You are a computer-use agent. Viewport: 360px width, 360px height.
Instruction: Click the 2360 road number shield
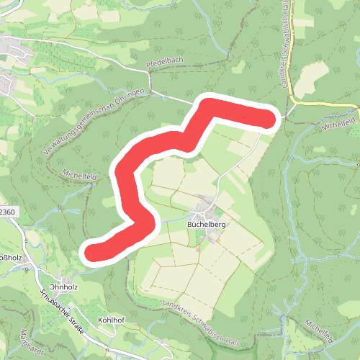point(6,212)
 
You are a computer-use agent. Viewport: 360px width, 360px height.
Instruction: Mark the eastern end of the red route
point(268,120)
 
